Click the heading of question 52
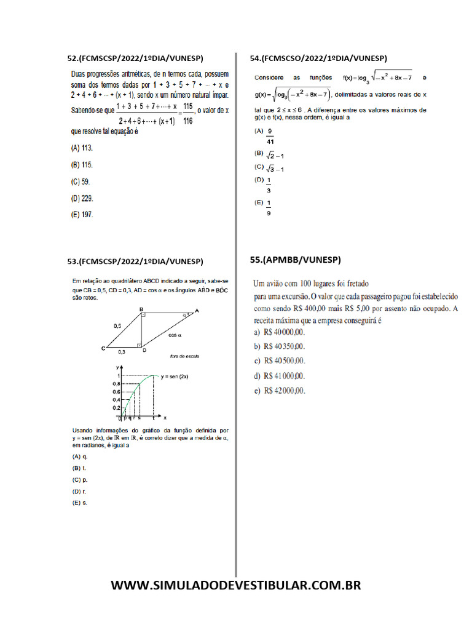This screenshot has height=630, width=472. click(142, 58)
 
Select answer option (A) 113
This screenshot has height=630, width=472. click(82, 148)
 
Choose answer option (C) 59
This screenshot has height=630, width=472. click(81, 182)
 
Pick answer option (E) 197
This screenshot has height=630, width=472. click(82, 215)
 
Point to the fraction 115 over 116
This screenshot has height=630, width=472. click(187, 114)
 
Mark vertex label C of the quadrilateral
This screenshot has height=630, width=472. click(103, 349)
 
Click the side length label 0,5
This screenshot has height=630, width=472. click(117, 326)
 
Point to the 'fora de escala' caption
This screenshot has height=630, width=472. click(184, 356)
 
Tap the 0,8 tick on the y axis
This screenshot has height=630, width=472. click(116, 384)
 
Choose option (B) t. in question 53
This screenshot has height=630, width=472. click(79, 468)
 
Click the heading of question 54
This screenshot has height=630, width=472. click(318, 58)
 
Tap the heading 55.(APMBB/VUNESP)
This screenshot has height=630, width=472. click(295, 260)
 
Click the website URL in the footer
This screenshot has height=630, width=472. click(236, 585)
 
